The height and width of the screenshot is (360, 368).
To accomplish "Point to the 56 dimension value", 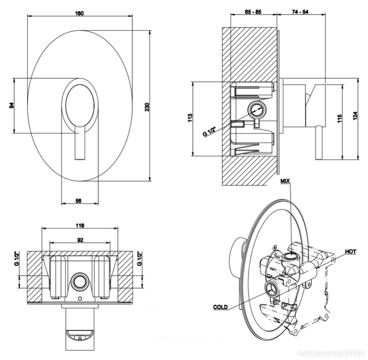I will pos(78,200).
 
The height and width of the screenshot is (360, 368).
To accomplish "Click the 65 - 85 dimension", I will pos(253,12).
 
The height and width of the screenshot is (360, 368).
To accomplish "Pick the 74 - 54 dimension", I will pos(300,12).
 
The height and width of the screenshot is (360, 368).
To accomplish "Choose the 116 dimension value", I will pos(79,226).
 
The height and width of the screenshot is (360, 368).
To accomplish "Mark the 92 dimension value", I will pos(79,240).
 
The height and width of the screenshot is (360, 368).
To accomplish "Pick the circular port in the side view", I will pos(255,110).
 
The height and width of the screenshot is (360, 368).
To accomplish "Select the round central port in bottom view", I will pos(79,281).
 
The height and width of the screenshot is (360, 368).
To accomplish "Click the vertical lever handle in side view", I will pos(319,143).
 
